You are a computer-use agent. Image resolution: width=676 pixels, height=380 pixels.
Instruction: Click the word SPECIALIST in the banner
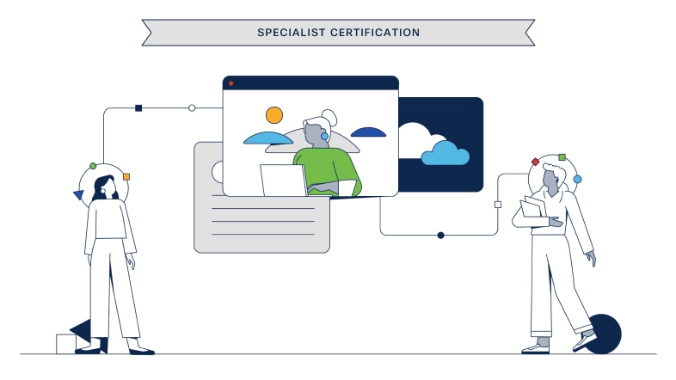[x=289, y=33]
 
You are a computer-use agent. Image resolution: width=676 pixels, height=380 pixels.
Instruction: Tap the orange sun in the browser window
[x=273, y=114]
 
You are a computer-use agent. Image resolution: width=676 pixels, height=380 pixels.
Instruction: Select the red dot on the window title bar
[x=230, y=83]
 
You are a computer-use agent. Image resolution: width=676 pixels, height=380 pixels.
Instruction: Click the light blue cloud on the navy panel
[x=446, y=154]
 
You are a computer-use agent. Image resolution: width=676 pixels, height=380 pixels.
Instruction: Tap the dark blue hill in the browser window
[x=368, y=132]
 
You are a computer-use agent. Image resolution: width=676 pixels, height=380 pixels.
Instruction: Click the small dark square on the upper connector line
[x=138, y=108]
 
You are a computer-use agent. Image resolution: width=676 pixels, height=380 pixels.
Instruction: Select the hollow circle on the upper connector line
[x=192, y=108]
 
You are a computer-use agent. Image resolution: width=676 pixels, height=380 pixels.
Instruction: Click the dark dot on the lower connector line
[x=440, y=235]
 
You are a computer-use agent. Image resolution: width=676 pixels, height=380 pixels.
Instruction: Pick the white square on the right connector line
[x=498, y=205]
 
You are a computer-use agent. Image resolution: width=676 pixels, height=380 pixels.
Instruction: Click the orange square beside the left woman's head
[x=126, y=177]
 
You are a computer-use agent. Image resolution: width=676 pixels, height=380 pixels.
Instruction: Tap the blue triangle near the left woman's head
[x=79, y=195]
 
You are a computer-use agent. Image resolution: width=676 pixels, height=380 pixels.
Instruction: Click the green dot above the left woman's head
[x=93, y=165]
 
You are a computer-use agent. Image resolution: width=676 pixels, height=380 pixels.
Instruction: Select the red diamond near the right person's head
[x=535, y=162]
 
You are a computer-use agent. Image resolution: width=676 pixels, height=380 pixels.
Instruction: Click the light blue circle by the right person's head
[x=577, y=179]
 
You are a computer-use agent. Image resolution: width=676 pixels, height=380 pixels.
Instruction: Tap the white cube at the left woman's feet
[x=66, y=344]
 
